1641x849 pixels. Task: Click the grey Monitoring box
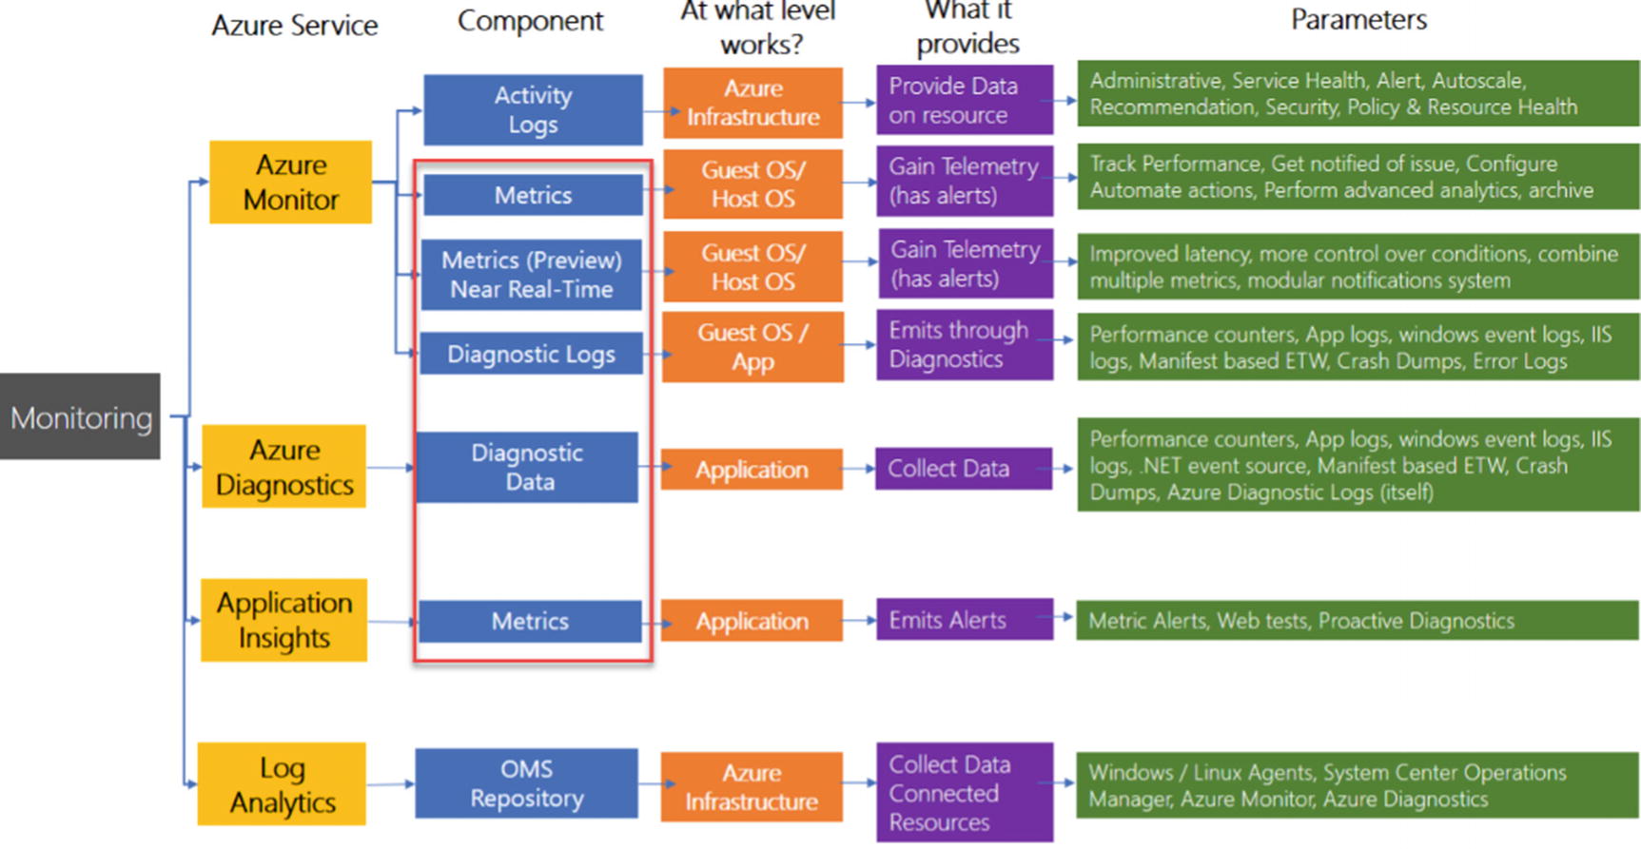tap(80, 416)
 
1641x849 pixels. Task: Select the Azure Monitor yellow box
tap(290, 183)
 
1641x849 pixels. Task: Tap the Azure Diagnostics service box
tap(284, 467)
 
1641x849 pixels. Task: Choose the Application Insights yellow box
tap(283, 620)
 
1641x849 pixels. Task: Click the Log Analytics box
tap(282, 784)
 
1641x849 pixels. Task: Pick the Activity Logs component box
tap(533, 110)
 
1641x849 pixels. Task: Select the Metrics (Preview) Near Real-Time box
tap(531, 275)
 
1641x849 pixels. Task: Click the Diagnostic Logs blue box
tap(531, 354)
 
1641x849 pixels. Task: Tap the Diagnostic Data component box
tap(527, 467)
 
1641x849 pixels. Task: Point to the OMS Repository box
tap(526, 783)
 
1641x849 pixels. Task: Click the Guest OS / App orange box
tap(752, 347)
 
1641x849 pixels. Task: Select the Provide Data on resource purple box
tap(965, 100)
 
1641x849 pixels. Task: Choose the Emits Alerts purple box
tap(965, 620)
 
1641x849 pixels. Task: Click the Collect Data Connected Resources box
tap(965, 793)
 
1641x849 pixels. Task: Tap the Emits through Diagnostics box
tap(965, 345)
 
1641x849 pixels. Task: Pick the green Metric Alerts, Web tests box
tap(1358, 621)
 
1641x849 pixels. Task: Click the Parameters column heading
tap(1358, 20)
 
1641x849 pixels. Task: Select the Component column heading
tap(530, 21)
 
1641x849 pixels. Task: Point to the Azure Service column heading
tap(294, 26)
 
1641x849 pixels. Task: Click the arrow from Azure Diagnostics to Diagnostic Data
tap(390, 468)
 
